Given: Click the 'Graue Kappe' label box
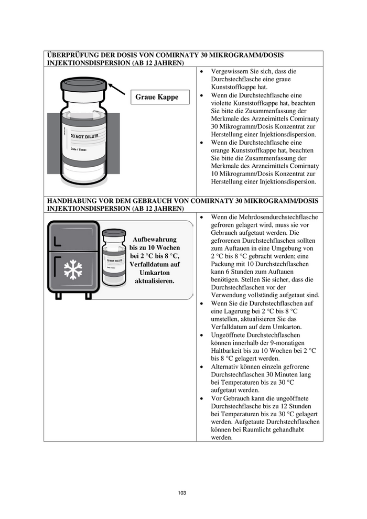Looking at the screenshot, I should click(157, 97).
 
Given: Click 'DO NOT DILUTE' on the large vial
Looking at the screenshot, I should click(81, 137).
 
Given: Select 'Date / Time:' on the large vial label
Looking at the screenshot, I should click(79, 150).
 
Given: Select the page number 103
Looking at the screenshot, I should click(182, 493).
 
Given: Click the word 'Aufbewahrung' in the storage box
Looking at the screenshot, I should click(155, 239).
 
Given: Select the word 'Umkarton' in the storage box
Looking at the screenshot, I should click(155, 273).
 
